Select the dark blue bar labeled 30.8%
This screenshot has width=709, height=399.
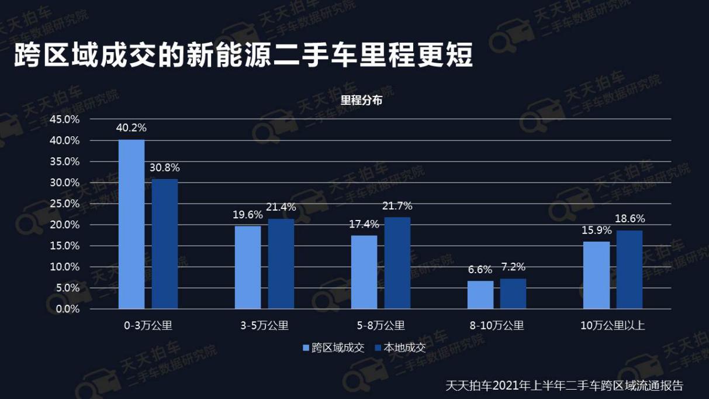point(165,244)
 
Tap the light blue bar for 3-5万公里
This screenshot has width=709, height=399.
point(247,267)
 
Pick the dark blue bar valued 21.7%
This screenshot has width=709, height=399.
point(397,263)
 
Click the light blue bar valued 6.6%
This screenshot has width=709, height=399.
point(480,295)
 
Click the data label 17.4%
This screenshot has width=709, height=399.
point(364,224)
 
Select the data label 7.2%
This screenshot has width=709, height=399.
point(513,267)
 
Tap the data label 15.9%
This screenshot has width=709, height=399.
point(597,231)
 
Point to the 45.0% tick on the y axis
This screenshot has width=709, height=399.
point(64,119)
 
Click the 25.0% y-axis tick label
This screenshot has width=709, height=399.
point(64,204)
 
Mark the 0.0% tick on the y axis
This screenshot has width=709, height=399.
point(67,309)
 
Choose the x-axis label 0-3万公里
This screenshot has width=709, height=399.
point(148,326)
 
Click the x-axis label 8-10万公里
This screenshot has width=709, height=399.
point(497,326)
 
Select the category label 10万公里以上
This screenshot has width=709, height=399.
point(613,326)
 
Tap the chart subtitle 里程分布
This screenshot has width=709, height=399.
point(361,101)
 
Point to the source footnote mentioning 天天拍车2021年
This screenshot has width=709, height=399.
point(564,386)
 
